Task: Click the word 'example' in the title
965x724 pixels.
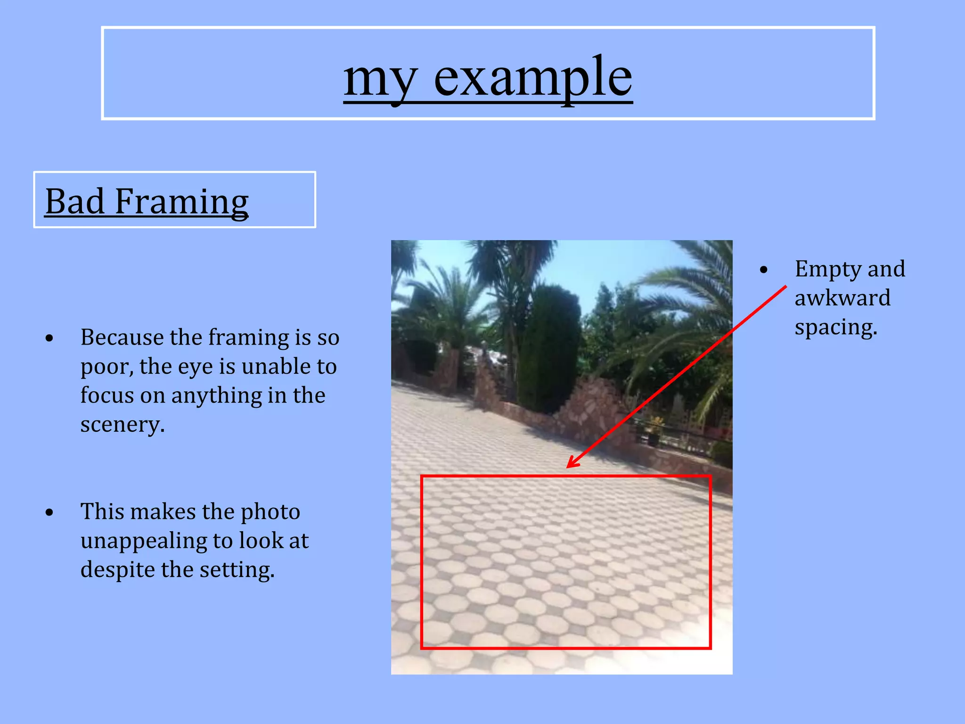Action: coord(532,78)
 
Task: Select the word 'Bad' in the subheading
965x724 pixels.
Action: coord(74,201)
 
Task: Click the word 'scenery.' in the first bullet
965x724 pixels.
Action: coord(123,425)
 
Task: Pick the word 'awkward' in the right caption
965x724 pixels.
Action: coord(842,298)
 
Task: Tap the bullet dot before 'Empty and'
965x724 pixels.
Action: coord(764,270)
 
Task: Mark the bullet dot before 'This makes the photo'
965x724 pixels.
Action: coord(49,512)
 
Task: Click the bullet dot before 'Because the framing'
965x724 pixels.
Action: coord(49,338)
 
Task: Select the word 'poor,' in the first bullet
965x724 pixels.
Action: coord(106,367)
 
